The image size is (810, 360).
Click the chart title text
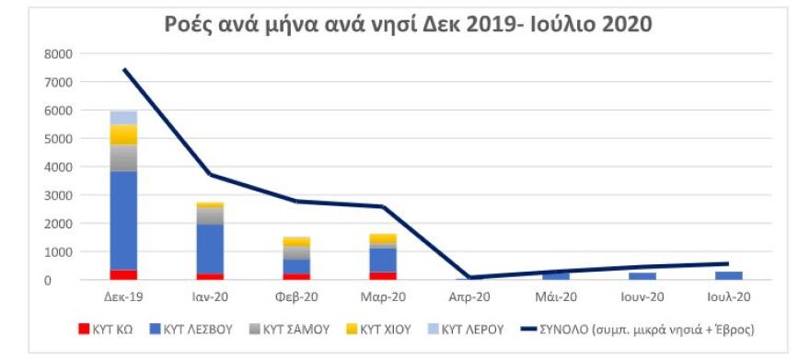[x=408, y=24]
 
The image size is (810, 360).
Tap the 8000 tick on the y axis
[x=57, y=53]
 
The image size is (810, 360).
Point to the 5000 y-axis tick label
[x=57, y=139]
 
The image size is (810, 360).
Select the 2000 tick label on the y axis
[x=57, y=224]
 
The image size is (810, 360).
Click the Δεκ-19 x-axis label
[x=123, y=296]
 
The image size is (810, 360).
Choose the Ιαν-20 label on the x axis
[x=210, y=296]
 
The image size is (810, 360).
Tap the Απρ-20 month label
[x=469, y=296]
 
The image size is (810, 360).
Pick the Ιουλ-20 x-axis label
[x=728, y=296]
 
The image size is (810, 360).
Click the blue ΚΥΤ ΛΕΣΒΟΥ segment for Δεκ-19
[x=123, y=221]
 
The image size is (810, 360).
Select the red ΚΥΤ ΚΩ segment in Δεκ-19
[x=123, y=274]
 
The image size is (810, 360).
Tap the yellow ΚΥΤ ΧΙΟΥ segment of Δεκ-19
[x=123, y=134]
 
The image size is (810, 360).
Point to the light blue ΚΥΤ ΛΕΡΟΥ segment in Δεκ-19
[x=123, y=118]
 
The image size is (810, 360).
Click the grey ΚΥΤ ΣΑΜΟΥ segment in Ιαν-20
[x=210, y=215]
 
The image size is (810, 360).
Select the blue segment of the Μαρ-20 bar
[x=383, y=260]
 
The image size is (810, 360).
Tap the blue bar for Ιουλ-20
[x=728, y=275]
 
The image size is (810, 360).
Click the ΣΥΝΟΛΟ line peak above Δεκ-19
[x=123, y=69]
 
